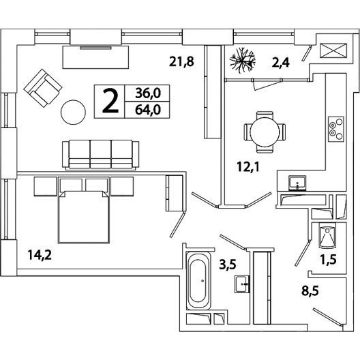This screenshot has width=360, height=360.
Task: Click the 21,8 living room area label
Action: click(x=181, y=61)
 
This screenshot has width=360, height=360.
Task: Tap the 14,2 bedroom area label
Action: click(x=40, y=255)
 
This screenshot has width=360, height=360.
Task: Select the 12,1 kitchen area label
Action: click(x=248, y=167)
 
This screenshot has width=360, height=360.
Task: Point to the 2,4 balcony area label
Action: click(x=280, y=63)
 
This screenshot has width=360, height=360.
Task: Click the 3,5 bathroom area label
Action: click(x=228, y=265)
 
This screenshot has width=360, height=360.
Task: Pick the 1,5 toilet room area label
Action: click(x=329, y=260)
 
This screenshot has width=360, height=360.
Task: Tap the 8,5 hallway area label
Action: click(x=310, y=291)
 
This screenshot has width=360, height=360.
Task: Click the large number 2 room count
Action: click(x=110, y=101)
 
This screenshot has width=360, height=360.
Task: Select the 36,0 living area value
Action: click(x=148, y=93)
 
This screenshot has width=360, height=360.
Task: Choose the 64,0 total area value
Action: click(x=148, y=110)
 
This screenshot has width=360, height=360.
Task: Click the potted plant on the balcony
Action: click(x=243, y=61)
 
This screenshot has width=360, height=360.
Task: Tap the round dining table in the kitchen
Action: click(x=265, y=132)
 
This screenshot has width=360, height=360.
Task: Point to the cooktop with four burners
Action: click(x=336, y=129)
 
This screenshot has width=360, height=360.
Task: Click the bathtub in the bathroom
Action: click(x=198, y=281)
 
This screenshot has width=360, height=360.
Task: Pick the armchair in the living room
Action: click(x=43, y=88)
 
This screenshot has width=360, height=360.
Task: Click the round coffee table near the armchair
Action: click(x=73, y=112)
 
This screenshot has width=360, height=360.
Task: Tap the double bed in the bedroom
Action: click(x=84, y=217)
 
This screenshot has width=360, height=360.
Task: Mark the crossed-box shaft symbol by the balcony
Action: click(x=333, y=50)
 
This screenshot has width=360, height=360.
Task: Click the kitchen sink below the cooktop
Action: click(x=297, y=183)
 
